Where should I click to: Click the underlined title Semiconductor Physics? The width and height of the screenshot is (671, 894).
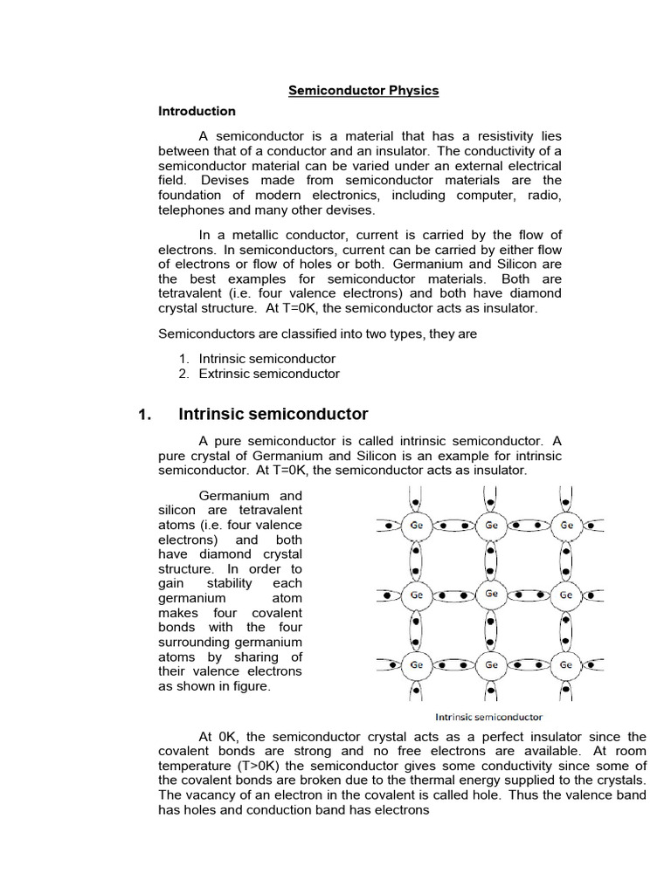tap(363, 90)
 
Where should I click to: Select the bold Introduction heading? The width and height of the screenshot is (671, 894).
tap(197, 111)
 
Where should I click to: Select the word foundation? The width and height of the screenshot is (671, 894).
tap(191, 196)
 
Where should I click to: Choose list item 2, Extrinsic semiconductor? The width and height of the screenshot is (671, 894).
tap(269, 374)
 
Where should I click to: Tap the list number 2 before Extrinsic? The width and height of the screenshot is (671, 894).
tap(183, 374)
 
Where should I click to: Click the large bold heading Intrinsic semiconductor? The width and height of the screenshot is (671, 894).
tap(273, 415)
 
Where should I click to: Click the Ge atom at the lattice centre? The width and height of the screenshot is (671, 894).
tap(491, 594)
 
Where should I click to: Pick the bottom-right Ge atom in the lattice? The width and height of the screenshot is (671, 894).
tap(566, 664)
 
